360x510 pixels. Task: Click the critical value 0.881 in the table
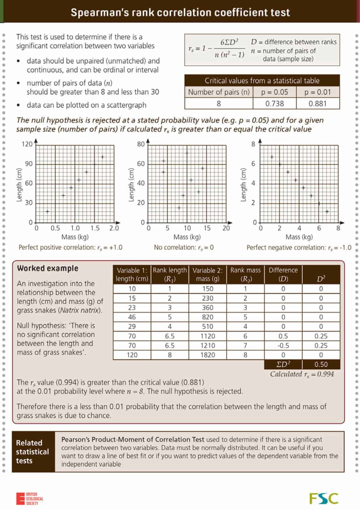pos(318,104)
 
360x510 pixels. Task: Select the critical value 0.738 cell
pos(274,104)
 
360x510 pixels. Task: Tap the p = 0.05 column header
pos(274,92)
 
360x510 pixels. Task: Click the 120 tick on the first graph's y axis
pos(27,144)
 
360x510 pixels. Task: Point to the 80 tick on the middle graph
pos(141,144)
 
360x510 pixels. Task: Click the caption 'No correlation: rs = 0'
pos(184,247)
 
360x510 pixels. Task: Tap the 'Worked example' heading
pos(48,268)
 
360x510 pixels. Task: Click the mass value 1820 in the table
pos(208,355)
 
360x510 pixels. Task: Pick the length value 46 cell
pos(132,317)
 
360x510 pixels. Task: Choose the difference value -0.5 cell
pos(283,346)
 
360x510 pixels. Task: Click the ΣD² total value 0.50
pos(321,364)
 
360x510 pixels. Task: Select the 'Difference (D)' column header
pos(283,274)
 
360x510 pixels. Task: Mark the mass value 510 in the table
pos(208,326)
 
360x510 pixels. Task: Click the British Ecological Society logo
pos(30,499)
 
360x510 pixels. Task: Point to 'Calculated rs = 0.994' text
pos(302,374)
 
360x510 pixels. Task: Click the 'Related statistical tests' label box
pos(33,452)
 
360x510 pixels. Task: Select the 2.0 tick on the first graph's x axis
pos(114,228)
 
